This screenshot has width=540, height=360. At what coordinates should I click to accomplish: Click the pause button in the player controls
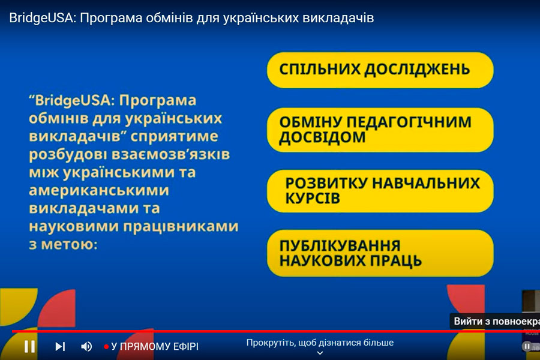click(x=29, y=346)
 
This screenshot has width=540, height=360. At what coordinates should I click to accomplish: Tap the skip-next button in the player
click(x=60, y=346)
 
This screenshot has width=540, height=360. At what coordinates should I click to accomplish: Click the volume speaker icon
click(x=86, y=346)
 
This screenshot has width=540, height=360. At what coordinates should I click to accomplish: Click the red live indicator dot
click(x=106, y=347)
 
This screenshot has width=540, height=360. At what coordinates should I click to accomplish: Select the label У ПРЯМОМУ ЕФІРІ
click(x=155, y=346)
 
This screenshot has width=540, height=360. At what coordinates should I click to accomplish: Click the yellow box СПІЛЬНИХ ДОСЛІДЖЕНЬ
click(x=380, y=70)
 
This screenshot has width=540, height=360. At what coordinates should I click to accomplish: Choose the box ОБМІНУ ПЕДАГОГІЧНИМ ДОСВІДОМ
click(x=380, y=130)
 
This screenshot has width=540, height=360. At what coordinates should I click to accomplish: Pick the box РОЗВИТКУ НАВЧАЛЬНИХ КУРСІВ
click(x=380, y=191)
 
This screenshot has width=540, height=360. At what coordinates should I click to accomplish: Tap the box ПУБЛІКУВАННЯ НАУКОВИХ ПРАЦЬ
click(x=380, y=253)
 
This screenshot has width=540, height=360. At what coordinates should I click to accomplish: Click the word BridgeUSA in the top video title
click(x=42, y=18)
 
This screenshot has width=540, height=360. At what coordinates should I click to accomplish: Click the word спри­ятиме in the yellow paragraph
click(x=174, y=136)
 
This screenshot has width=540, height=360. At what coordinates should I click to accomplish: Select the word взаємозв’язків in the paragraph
click(x=170, y=154)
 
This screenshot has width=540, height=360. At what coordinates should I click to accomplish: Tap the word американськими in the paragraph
click(x=99, y=190)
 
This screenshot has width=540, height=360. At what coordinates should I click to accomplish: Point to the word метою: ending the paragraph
click(x=69, y=244)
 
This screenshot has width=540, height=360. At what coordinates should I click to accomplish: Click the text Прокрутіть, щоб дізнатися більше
click(x=320, y=343)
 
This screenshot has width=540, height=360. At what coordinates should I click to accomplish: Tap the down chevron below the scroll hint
click(x=320, y=353)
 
